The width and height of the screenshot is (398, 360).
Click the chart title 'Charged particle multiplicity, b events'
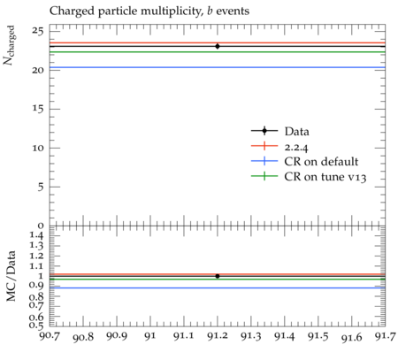(x=149, y=11)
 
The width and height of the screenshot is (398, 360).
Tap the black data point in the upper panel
(x=218, y=46)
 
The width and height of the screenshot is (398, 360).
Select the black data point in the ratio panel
(x=218, y=276)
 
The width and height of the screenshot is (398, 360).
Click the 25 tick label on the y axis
(x=38, y=31)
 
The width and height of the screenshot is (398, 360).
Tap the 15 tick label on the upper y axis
(x=38, y=109)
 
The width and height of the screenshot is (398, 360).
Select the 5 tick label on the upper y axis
(x=41, y=187)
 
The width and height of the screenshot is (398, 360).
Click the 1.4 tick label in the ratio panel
(x=36, y=235)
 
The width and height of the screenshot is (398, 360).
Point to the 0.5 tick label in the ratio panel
(x=36, y=325)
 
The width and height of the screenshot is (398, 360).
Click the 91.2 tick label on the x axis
(x=218, y=336)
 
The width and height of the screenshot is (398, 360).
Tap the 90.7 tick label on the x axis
(x=50, y=336)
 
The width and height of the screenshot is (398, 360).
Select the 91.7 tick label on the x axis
(x=385, y=336)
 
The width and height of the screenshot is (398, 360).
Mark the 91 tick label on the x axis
(x=150, y=336)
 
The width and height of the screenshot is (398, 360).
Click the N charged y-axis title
(x=9, y=45)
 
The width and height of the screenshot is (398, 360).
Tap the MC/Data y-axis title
(x=11, y=276)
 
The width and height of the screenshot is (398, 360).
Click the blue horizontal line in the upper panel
(x=218, y=67)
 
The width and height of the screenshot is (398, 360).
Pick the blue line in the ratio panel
(x=218, y=287)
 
